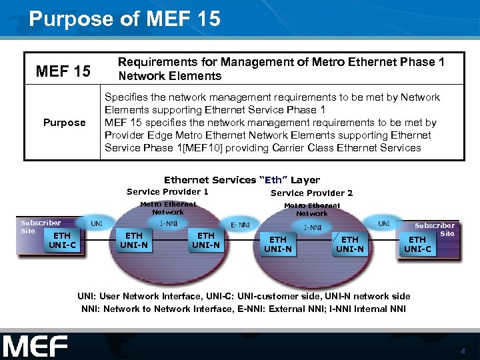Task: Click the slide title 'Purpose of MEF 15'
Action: coord(125,19)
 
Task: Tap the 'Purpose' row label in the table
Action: coord(64,123)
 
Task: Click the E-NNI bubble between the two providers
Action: coord(240,225)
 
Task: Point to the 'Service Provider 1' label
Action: coord(167,192)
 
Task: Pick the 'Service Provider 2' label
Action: coord(311,193)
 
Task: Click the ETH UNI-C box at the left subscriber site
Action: coord(62,240)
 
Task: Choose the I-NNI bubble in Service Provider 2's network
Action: coord(313,227)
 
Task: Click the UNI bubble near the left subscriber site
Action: coord(97,223)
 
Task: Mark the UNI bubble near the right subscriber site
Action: coord(384,224)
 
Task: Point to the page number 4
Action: coord(462,351)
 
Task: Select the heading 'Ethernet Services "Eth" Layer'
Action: coord(241,180)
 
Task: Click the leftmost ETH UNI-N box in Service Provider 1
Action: coord(134,240)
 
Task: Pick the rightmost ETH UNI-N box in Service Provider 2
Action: coord(349,244)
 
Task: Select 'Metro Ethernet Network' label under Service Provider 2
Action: coord(311,209)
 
